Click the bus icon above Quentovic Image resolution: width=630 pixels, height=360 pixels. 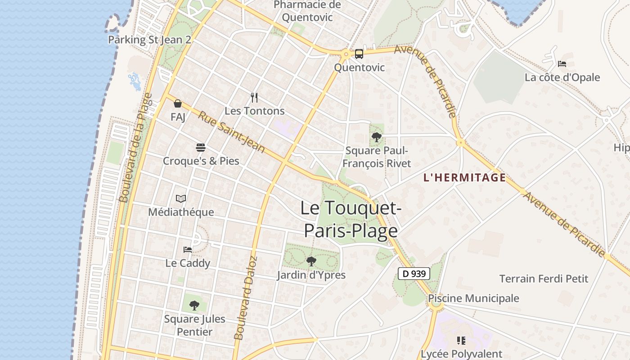point(359,54)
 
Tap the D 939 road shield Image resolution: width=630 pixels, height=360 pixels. point(414,273)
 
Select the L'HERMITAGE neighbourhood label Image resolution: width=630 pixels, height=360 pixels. point(464,178)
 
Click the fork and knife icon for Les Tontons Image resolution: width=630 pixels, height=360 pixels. point(254,97)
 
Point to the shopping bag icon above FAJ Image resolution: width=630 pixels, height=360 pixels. point(178,103)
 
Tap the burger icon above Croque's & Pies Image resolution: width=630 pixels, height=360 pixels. point(201,147)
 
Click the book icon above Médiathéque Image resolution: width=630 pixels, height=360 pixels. point(181,198)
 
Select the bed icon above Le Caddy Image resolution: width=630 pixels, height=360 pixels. point(188,250)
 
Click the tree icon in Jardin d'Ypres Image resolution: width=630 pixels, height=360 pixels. point(311,261)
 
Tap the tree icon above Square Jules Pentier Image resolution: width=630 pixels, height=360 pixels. point(194,306)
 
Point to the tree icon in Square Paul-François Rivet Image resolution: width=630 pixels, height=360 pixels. point(377,137)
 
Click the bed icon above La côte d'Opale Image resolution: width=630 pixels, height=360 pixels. point(562,64)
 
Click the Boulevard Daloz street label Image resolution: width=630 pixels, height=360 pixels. point(245,298)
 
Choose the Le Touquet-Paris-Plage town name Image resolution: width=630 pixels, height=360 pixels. point(351,219)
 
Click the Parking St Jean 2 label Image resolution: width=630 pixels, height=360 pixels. point(149,40)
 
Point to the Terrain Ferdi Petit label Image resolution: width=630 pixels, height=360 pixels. point(544,279)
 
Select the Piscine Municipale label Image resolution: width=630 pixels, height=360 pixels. point(473,298)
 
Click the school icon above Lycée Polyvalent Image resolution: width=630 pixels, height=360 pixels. point(461,340)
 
